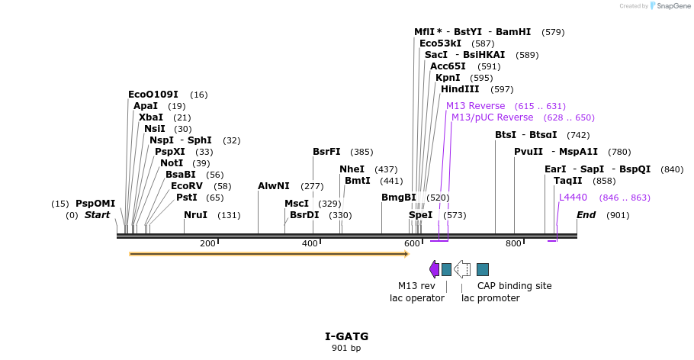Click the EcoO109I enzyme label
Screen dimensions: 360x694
[153, 95]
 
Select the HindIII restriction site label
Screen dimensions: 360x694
[460, 89]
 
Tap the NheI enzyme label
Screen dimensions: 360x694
[352, 169]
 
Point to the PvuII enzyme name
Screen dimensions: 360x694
[528, 152]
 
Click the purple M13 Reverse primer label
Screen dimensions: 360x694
[475, 106]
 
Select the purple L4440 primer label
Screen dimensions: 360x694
[573, 198]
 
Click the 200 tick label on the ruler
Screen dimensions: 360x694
[207, 243]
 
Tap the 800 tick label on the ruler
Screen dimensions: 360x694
[513, 243]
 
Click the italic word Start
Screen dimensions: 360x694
[97, 215]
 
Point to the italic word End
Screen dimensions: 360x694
[586, 215]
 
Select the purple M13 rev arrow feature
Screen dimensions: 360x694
[434, 268]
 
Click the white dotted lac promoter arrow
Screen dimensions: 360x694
[461, 268]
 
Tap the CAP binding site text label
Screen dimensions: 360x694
[514, 286]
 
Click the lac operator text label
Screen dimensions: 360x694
[416, 298]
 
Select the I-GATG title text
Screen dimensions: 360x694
[346, 336]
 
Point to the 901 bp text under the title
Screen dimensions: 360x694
[346, 349]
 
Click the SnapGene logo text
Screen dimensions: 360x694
[670, 6]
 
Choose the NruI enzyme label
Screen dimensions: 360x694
[195, 215]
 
